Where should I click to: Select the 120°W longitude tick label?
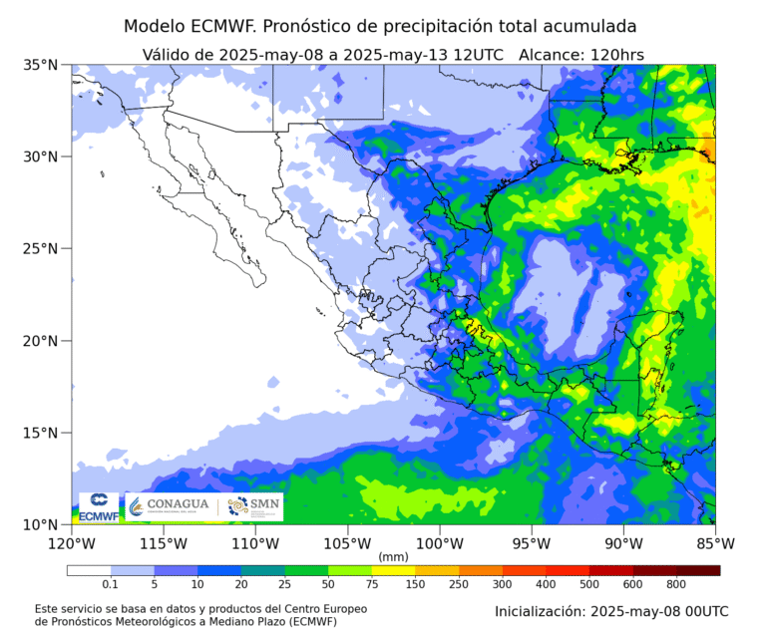point(71,543)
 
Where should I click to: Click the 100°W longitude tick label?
point(439,543)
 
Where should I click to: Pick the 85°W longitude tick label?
point(714,543)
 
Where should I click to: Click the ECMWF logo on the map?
point(99,507)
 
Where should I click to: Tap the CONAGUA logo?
point(171,506)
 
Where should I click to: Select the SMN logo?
point(253,506)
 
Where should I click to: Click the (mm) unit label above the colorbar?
point(393,556)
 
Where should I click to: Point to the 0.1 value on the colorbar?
point(110,584)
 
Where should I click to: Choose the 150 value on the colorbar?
point(415,584)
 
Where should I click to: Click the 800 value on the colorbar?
point(676,584)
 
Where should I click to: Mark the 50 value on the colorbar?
point(328,584)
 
